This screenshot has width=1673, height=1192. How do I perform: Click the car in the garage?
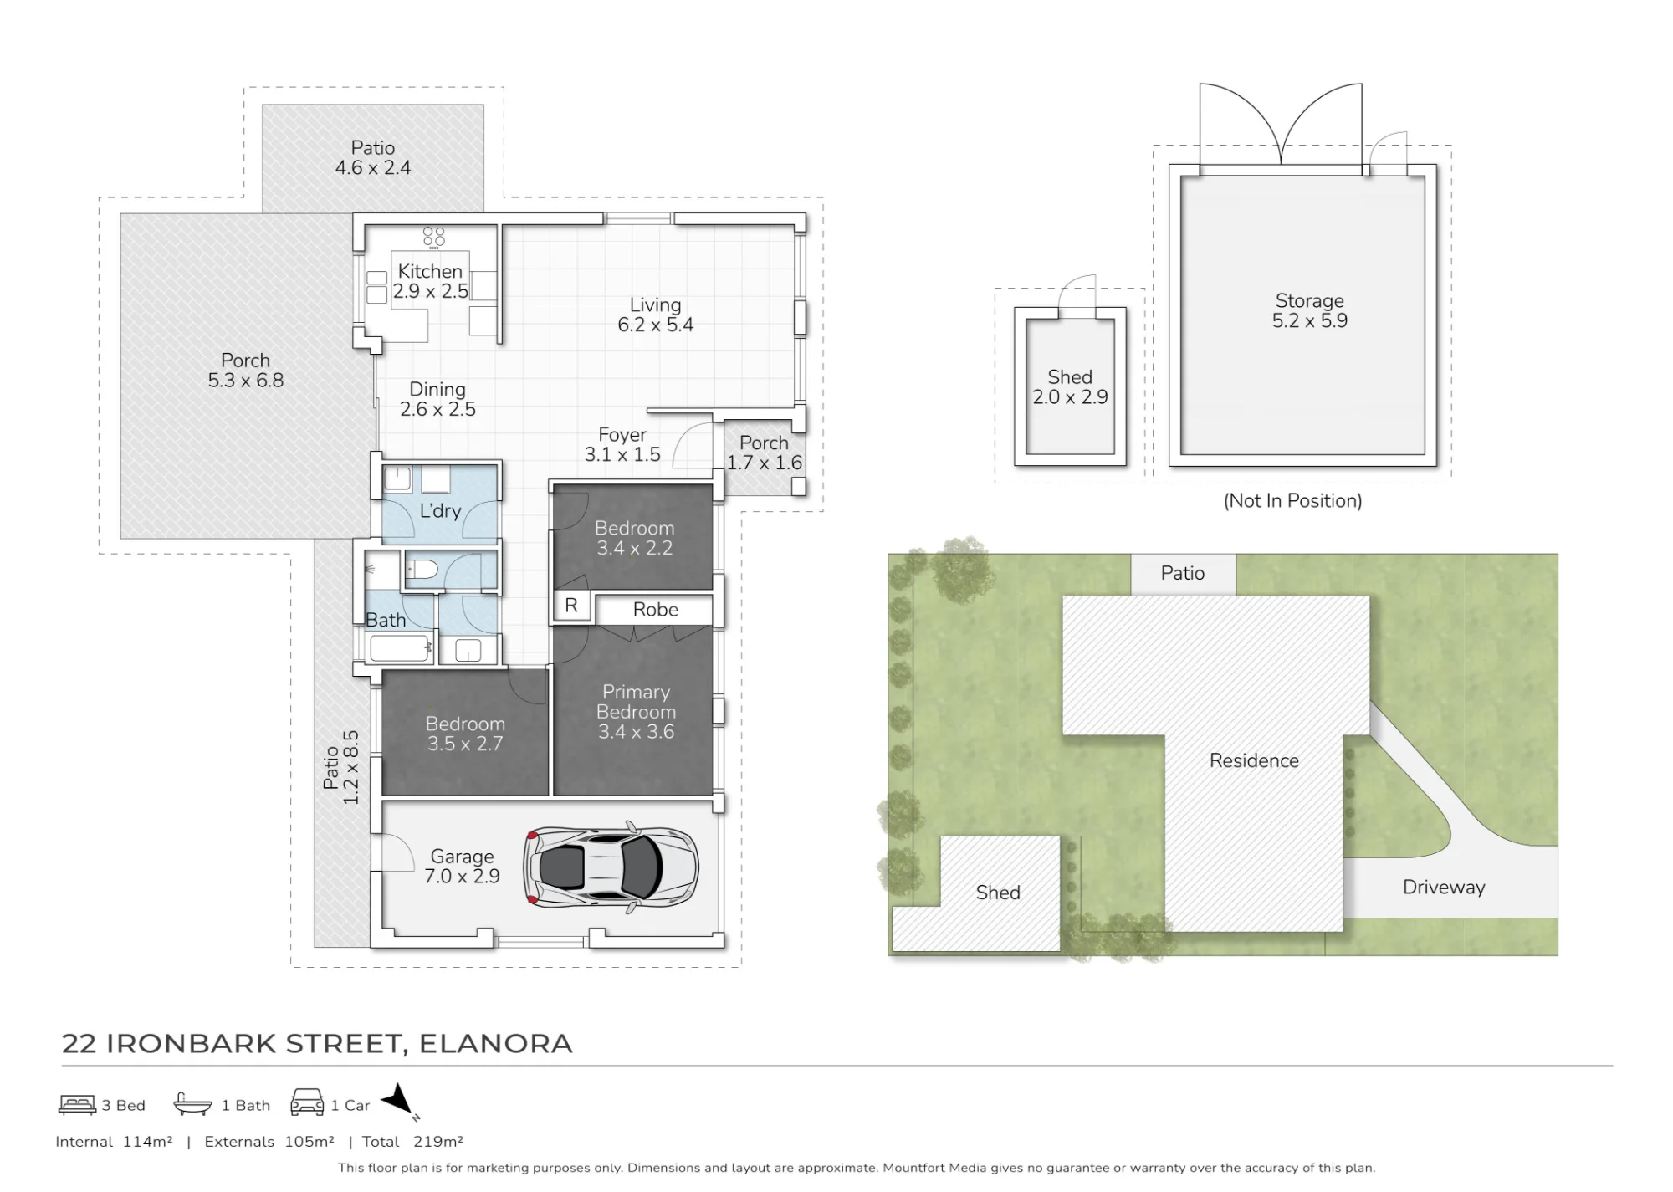pos(611,867)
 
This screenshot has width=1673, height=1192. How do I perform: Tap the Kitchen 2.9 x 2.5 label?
pos(430,281)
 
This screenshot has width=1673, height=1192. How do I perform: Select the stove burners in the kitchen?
pos(433,238)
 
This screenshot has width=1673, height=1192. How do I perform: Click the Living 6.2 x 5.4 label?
pos(656,315)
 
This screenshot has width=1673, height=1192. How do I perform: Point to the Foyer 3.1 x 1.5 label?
pos(622,445)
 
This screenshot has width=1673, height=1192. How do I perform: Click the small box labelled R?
pos(571,606)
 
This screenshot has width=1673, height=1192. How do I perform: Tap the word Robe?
pos(656,610)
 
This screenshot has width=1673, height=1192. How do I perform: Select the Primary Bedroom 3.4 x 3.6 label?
pos(637,712)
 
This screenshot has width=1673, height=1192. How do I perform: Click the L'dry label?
pos(440,510)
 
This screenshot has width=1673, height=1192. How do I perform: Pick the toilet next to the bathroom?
pos(422,570)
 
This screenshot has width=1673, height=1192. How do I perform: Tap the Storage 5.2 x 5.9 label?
pos(1310,310)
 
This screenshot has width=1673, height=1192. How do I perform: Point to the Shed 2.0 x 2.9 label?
pos(1070,387)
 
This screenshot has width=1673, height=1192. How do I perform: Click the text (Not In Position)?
pos(1293,501)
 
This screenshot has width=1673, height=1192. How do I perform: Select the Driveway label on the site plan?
pos(1444,888)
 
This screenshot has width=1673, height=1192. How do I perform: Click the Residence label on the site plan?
pos(1254,760)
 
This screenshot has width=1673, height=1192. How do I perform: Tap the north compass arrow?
pos(400,1101)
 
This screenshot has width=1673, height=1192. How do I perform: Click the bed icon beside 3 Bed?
pos(77,1105)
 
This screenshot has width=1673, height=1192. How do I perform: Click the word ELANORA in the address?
pos(496,1044)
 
